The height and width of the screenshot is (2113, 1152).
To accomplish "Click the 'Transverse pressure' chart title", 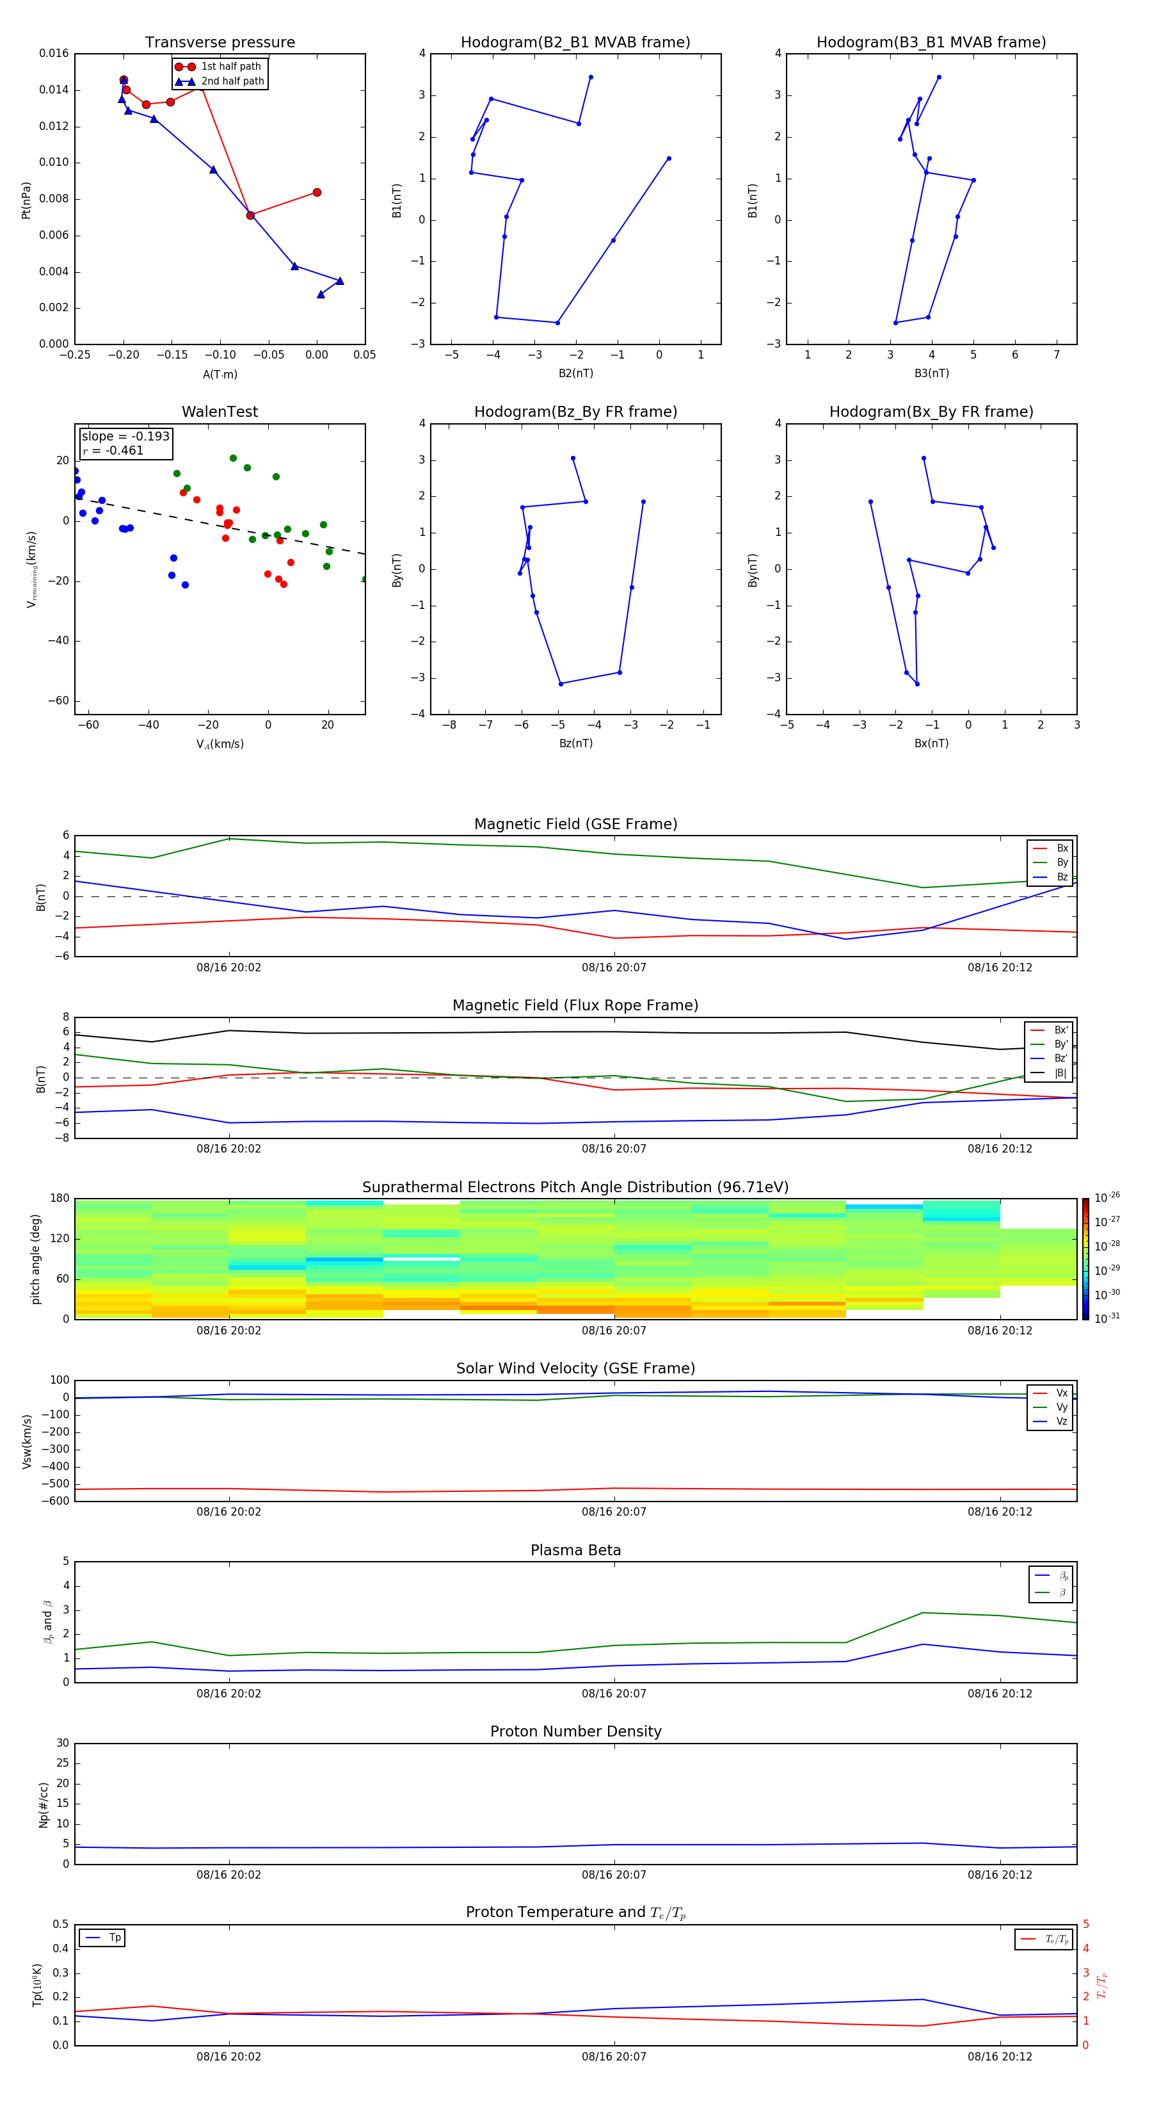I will [220, 43].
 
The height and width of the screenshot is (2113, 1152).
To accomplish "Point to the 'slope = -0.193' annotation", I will [125, 437].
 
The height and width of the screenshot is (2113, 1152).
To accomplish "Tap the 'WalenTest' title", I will [220, 412].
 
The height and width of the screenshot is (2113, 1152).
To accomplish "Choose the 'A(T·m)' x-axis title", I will [220, 374].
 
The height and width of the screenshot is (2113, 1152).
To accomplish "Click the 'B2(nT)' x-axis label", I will [575, 373].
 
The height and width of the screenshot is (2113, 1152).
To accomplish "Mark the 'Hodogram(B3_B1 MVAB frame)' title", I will [931, 43].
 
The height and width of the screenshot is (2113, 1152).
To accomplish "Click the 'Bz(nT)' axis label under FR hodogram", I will [575, 743].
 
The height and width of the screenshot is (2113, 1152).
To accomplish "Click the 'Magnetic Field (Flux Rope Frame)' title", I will [575, 1006].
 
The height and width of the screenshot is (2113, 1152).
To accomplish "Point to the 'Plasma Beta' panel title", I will [575, 1550].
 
